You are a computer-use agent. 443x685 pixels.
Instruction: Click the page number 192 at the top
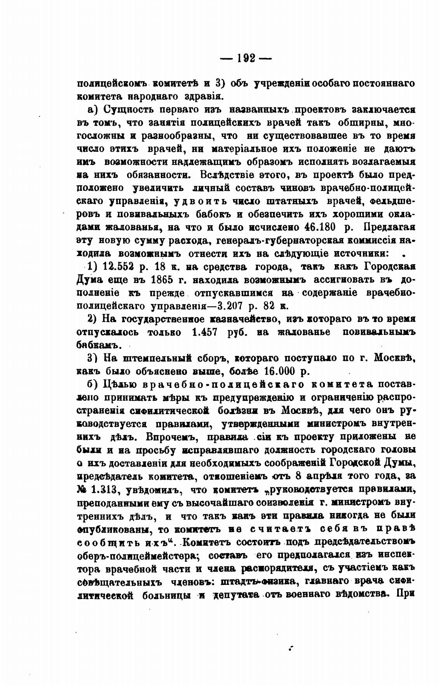pyautogui.click(x=246, y=58)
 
